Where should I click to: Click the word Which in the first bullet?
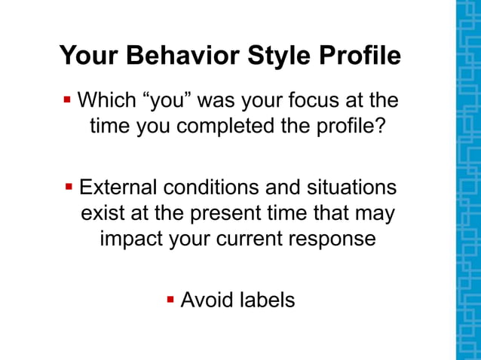106,100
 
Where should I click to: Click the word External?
119,188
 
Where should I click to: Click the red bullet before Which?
67,99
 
